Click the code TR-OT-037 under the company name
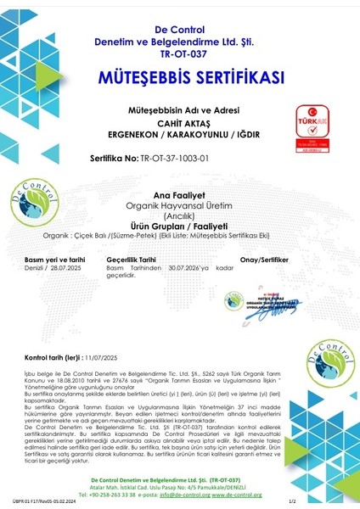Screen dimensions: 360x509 [x=181, y=52]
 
